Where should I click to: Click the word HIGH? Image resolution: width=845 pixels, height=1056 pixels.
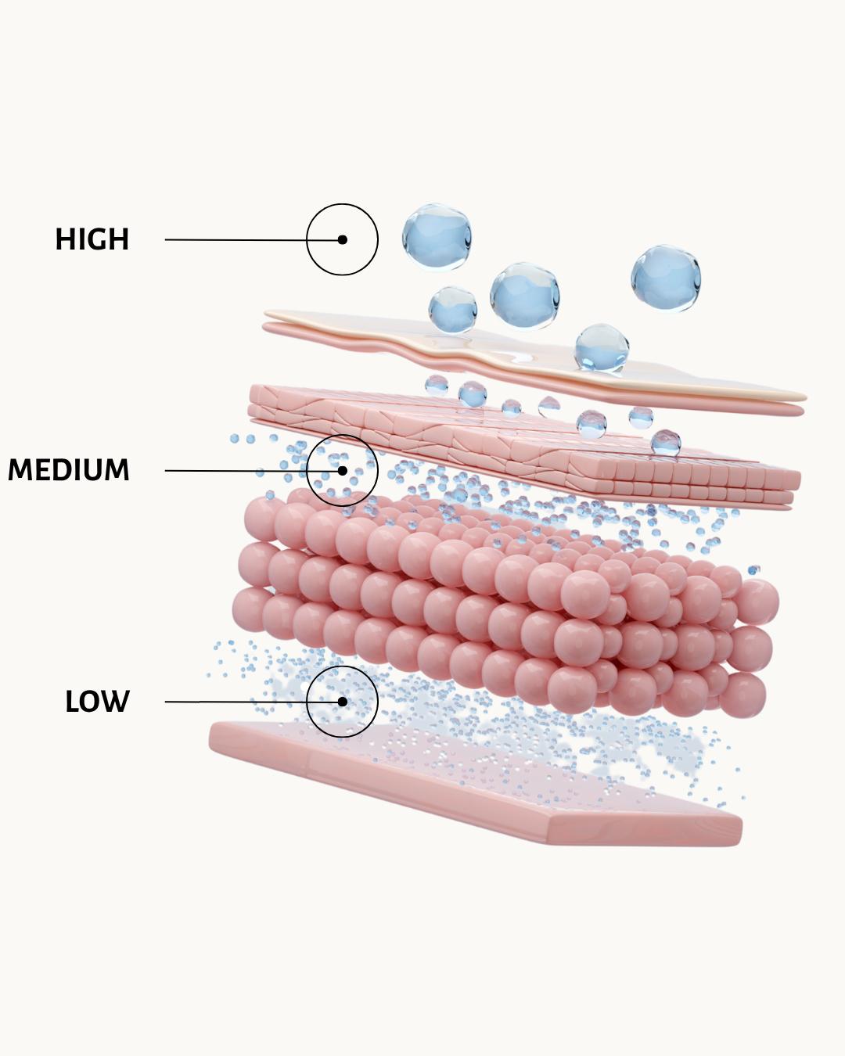point(92,239)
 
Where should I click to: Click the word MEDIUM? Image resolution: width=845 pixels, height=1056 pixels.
point(69,470)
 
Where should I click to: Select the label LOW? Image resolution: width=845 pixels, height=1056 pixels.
point(97,701)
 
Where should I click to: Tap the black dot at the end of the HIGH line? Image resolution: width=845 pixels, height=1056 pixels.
point(342,239)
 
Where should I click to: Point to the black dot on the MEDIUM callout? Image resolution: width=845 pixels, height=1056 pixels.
point(342,471)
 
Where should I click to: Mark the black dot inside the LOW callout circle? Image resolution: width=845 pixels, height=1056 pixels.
point(342,702)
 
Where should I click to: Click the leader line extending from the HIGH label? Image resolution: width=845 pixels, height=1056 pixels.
point(253,239)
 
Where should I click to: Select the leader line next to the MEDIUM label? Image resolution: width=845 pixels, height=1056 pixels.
point(253,471)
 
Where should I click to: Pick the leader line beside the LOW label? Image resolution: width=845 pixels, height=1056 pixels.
point(253,702)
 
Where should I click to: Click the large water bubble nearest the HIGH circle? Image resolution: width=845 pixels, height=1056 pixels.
point(437,238)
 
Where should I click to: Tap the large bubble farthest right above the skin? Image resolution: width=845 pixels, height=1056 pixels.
point(666,278)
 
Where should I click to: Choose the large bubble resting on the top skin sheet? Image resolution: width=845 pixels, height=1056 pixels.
point(602,347)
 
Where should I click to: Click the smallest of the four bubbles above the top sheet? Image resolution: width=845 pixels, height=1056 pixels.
point(452,310)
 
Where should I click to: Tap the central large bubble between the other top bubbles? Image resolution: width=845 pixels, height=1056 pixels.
point(524,296)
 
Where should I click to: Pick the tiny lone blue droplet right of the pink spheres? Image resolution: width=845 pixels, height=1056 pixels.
point(753,569)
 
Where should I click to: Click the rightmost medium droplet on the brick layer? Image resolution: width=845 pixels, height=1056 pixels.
point(666,443)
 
